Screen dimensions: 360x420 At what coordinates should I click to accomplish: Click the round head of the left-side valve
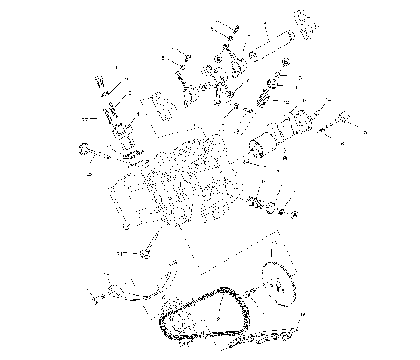coord(86,146)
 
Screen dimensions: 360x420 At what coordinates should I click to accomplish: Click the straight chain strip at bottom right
coord(271,338)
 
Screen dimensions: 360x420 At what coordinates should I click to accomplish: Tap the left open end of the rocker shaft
coord(253,54)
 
